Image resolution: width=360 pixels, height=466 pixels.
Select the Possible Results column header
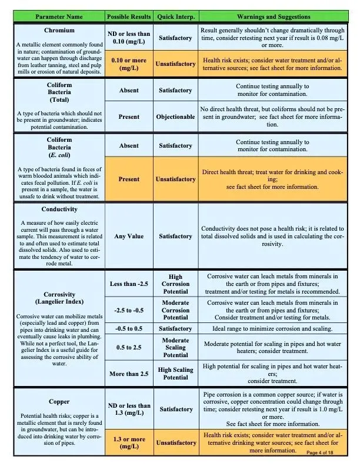click(x=129, y=17)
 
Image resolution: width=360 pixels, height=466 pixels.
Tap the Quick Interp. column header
click(x=175, y=17)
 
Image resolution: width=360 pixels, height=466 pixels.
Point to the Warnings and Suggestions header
click(x=273, y=17)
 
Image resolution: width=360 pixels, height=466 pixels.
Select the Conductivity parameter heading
click(x=59, y=209)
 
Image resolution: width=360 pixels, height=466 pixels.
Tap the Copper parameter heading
click(x=59, y=402)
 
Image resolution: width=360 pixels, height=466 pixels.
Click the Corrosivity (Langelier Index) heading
click(x=59, y=298)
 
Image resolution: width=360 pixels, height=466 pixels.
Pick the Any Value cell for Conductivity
click(x=129, y=237)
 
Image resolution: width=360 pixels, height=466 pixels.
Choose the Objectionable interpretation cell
click(x=175, y=116)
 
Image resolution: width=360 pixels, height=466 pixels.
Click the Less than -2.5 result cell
click(x=129, y=284)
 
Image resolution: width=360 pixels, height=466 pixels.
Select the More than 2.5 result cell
click(x=129, y=374)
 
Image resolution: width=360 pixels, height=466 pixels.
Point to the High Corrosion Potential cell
click(x=175, y=284)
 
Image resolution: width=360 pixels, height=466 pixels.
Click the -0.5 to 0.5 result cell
click(x=129, y=329)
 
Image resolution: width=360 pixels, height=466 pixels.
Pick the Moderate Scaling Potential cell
click(x=175, y=348)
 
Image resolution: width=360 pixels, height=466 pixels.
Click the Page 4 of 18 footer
click(x=328, y=452)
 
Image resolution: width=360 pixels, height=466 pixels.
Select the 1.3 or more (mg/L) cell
click(x=129, y=443)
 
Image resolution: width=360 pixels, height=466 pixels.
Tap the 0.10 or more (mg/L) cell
click(x=129, y=64)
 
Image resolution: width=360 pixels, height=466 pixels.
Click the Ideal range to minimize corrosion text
click(x=272, y=329)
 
